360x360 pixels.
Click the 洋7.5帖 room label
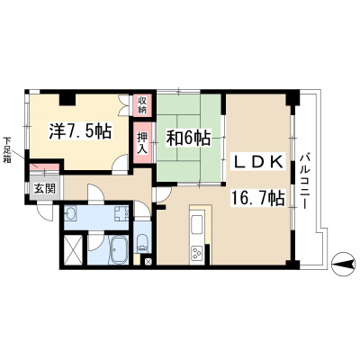80,131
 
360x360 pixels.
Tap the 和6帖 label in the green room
188,138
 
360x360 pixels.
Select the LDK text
258,162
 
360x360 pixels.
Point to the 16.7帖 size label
257,198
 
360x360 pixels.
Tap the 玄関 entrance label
45,188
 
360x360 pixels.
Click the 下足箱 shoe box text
7,149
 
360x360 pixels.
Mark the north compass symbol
343,264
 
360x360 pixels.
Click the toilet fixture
142,242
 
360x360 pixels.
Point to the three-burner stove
197,255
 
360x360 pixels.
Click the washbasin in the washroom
71,213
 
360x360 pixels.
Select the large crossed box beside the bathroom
73,250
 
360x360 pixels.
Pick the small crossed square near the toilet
148,261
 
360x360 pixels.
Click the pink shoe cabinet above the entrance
44,166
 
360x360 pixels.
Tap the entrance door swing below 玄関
45,212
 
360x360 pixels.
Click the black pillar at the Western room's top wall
67,99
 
